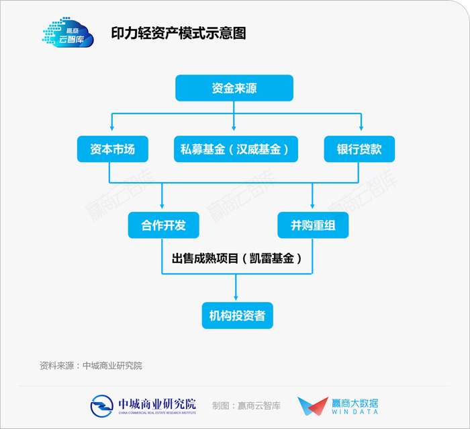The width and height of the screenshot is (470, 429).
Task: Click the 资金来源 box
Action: (x=234, y=88)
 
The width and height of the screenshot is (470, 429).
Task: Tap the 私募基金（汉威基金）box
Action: (x=234, y=149)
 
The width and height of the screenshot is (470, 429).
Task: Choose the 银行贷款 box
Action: (x=359, y=149)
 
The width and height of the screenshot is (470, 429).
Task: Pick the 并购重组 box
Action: (x=313, y=225)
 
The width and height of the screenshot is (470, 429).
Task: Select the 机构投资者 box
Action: (x=238, y=314)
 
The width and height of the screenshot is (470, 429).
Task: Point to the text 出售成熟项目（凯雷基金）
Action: (x=238, y=258)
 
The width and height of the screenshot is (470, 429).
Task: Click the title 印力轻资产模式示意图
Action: (x=179, y=34)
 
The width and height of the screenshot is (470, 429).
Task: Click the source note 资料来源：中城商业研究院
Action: (x=91, y=366)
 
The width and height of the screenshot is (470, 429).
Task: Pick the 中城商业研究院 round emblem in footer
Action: (x=103, y=405)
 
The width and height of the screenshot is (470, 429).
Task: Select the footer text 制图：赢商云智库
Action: (x=246, y=405)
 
